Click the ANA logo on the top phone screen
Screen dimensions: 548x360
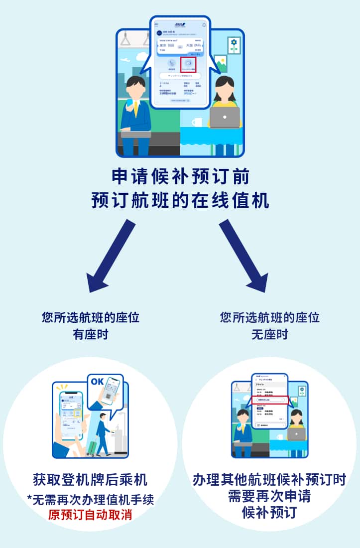(x=180, y=24)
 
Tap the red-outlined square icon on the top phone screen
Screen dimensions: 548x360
(x=188, y=64)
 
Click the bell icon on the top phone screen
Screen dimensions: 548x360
(x=204, y=24)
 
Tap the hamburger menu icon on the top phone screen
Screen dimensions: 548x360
(x=156, y=24)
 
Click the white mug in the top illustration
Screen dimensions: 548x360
(x=197, y=122)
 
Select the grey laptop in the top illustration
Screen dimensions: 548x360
(x=225, y=117)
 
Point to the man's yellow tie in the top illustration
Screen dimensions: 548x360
(x=135, y=109)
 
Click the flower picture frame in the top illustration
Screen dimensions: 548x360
(x=234, y=45)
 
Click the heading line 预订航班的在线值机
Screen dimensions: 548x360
(x=180, y=200)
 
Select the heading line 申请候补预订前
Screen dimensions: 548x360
(x=180, y=177)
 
